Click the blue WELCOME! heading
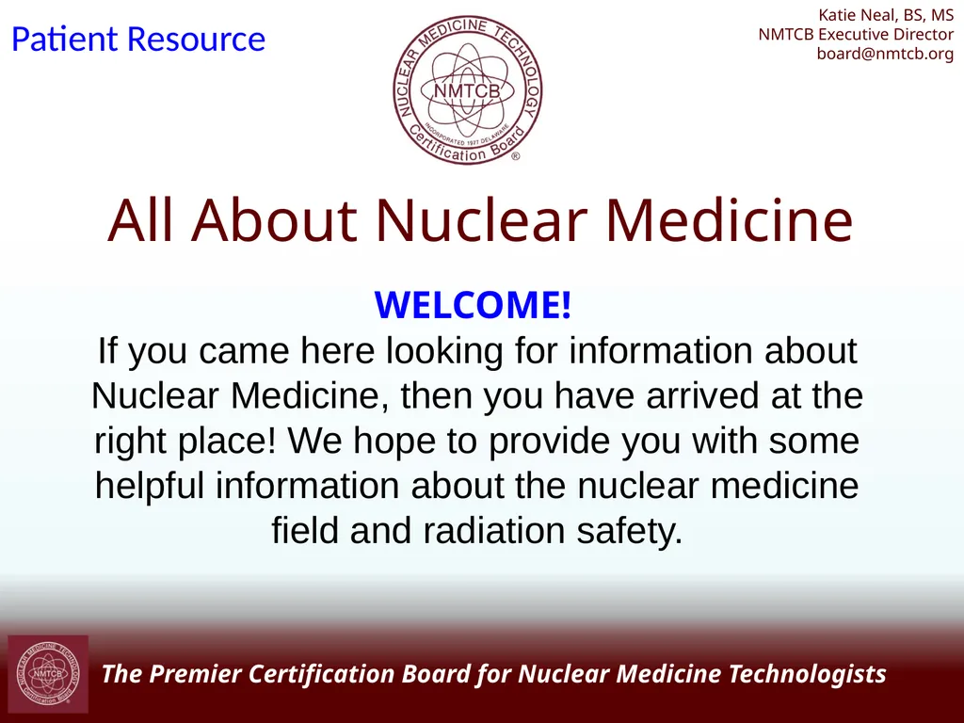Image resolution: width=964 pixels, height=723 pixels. [473, 305]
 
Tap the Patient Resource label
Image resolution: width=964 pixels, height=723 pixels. [137, 40]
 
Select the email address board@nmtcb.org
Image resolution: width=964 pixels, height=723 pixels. [885, 54]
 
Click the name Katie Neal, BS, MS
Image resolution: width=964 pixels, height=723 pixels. [886, 15]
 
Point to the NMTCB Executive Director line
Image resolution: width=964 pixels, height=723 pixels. [856, 34]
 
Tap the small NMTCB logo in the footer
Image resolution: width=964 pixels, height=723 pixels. [48, 674]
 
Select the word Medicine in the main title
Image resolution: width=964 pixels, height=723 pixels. [729, 220]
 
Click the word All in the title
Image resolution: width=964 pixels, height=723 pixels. [139, 220]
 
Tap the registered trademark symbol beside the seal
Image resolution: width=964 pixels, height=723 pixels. [515, 158]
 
